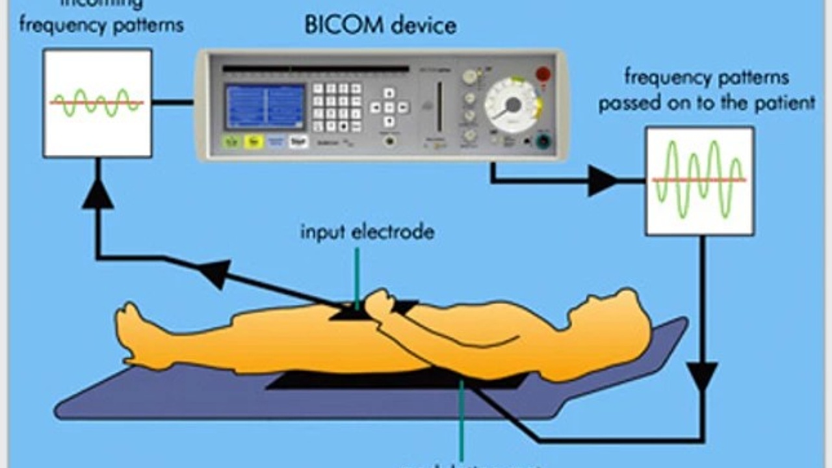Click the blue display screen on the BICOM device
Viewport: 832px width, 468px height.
click(265, 106)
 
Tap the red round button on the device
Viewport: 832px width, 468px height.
click(543, 74)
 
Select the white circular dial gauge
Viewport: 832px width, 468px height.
click(513, 105)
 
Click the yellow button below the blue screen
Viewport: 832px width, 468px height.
click(253, 142)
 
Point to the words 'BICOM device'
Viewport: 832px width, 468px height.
click(380, 27)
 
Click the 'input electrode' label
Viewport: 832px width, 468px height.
click(367, 232)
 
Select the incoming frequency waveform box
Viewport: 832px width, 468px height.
click(97, 103)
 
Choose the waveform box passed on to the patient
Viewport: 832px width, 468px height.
click(699, 181)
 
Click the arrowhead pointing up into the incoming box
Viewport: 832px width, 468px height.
click(97, 194)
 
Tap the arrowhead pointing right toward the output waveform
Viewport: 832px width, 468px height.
click(602, 181)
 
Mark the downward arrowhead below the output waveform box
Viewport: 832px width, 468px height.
click(702, 377)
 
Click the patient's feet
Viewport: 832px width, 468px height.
click(133, 331)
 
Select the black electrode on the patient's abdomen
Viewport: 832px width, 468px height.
click(351, 314)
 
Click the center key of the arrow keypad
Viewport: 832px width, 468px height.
click(389, 107)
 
